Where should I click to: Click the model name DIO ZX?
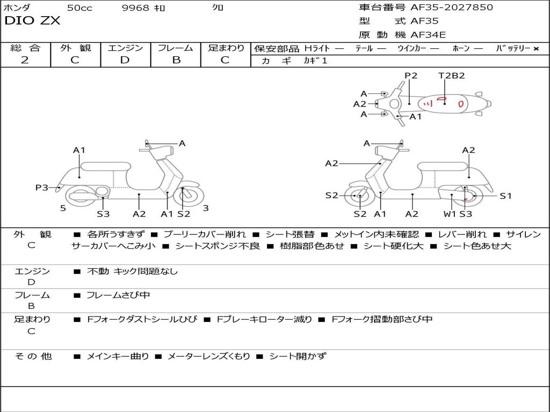click(32, 21)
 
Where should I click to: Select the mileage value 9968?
click(135, 8)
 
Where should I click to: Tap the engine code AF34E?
click(428, 35)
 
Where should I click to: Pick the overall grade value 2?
click(25, 60)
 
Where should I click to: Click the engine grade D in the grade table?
click(125, 60)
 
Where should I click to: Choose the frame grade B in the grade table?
click(176, 60)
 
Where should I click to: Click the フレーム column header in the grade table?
click(176, 48)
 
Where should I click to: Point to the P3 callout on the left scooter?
click(42, 187)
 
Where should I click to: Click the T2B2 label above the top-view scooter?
click(451, 76)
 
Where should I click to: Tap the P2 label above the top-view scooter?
click(411, 76)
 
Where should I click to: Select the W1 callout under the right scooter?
click(450, 214)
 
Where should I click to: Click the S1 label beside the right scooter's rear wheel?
click(506, 196)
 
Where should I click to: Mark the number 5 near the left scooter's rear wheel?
click(63, 208)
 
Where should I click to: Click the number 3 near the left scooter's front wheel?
click(206, 208)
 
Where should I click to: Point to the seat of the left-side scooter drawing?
click(105, 166)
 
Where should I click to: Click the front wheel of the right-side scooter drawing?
click(359, 196)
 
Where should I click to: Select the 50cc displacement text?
click(79, 8)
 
